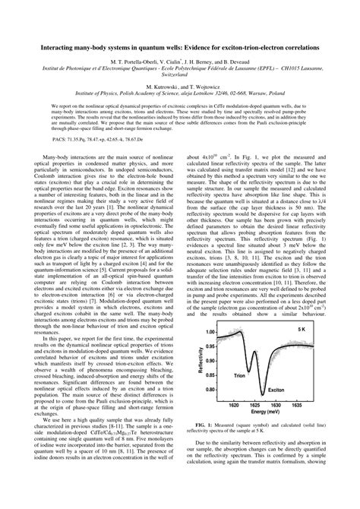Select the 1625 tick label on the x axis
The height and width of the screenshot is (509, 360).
(x=252, y=419)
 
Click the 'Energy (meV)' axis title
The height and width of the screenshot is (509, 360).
(x=267, y=428)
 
